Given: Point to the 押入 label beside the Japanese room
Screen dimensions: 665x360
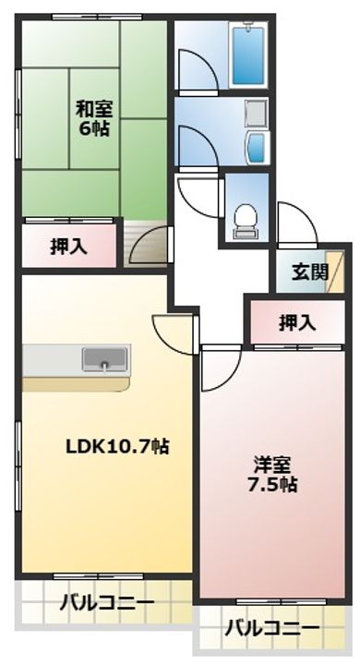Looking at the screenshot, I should pyautogui.click(x=68, y=248).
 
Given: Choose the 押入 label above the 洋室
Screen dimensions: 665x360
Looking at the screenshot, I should pyautogui.click(x=297, y=322).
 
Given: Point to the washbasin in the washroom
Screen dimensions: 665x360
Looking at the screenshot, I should pyautogui.click(x=257, y=145).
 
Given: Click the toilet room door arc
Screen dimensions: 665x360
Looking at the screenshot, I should pyautogui.click(x=198, y=195).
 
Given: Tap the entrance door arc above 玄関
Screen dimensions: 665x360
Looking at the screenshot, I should pyautogui.click(x=296, y=224).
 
